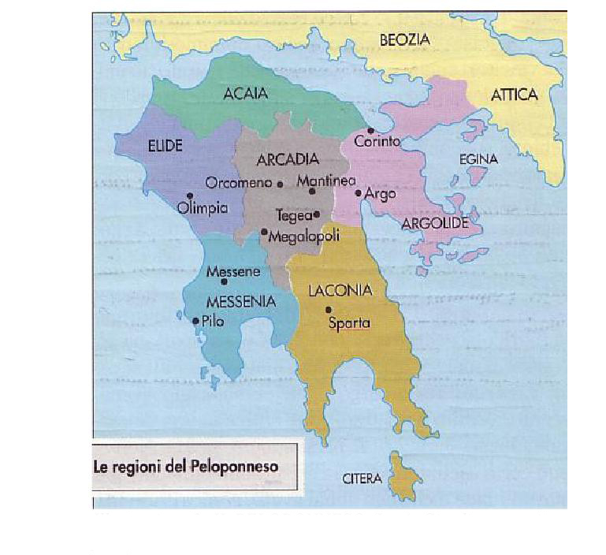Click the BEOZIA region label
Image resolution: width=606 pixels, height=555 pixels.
405,39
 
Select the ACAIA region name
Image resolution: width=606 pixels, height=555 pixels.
245,94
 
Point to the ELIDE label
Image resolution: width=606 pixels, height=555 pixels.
165,146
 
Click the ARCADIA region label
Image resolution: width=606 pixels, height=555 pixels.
287,160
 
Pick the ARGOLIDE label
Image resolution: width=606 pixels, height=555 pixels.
435,223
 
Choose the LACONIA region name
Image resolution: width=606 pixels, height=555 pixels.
340,291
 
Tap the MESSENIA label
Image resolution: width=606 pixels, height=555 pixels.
240,301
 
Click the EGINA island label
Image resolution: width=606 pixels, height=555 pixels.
478,159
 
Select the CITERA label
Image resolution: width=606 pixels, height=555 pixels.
362,479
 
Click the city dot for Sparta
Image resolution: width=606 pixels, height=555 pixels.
329,309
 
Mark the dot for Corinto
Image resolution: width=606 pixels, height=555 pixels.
370,130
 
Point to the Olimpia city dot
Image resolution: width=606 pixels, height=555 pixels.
190,196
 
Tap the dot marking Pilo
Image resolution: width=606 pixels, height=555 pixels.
195,320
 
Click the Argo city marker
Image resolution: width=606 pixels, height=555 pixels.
358,192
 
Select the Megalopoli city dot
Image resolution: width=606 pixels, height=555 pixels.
264,231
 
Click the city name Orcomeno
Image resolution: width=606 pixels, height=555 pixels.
238,183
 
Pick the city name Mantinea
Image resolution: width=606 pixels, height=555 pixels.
325,181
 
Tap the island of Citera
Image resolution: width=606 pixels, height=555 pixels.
405,475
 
